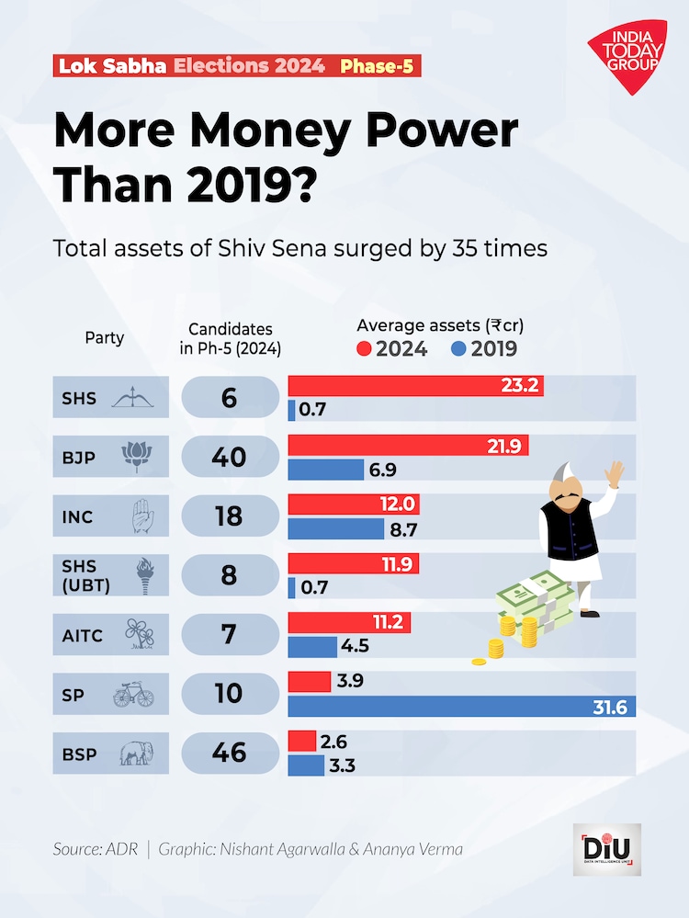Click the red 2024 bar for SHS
tap(415, 386)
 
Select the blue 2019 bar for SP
tap(461, 706)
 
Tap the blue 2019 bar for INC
tap(336, 529)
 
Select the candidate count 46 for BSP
tap(229, 753)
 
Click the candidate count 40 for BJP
tap(229, 457)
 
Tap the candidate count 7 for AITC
tap(229, 634)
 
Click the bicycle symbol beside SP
tap(134, 695)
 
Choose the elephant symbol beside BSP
tap(134, 754)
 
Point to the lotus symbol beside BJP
tap(134, 457)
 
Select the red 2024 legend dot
tap(364, 349)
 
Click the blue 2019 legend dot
tap(459, 349)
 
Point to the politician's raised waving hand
tap(615, 474)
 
